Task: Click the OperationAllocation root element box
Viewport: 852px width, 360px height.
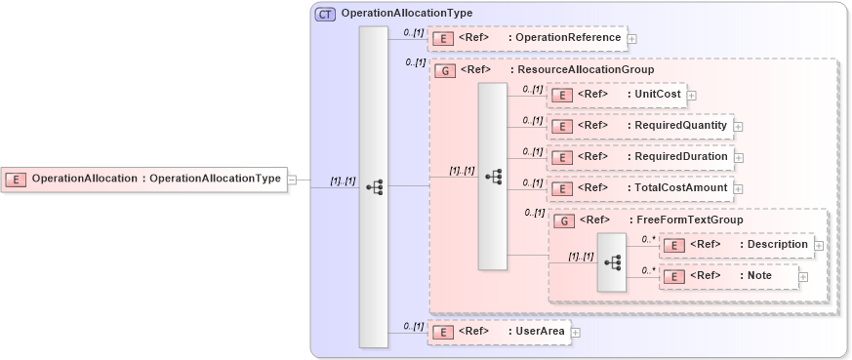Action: (x=143, y=179)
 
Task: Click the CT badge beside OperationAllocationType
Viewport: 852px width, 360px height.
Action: (x=325, y=14)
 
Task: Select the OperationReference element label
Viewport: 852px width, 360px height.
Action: (x=568, y=38)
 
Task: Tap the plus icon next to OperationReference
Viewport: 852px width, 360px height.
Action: (x=632, y=39)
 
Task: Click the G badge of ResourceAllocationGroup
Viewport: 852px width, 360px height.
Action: (x=445, y=70)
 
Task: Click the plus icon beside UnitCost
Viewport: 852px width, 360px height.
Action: (x=692, y=96)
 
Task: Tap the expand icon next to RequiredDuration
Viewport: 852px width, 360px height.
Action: (x=739, y=158)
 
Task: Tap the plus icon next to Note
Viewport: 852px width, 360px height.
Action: (x=803, y=277)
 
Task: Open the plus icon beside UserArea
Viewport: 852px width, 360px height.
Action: (x=576, y=333)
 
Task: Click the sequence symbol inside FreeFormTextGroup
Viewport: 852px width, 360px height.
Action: (x=612, y=261)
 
